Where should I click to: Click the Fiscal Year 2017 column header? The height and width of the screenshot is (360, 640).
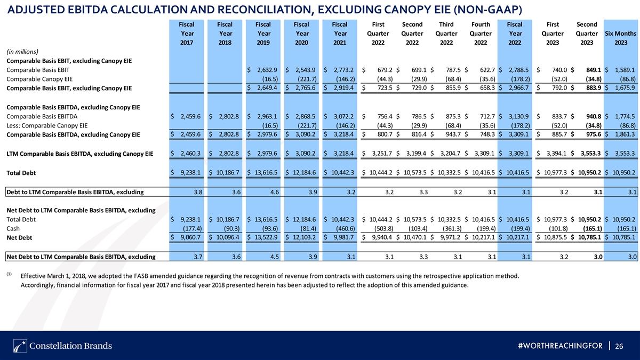[187, 34]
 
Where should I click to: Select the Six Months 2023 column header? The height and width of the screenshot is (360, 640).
[621, 38]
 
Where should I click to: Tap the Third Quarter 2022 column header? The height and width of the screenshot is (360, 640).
[446, 34]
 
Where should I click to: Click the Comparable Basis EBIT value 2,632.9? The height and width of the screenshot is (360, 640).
[267, 70]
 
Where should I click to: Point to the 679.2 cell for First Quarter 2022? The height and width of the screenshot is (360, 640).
[385, 70]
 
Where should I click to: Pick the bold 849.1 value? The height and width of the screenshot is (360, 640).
[594, 70]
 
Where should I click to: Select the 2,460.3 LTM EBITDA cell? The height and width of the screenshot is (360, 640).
[190, 154]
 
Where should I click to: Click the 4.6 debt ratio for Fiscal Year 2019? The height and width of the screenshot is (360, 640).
[274, 192]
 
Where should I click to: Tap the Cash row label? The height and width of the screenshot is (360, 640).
[13, 229]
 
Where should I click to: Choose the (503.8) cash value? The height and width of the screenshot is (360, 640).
[383, 229]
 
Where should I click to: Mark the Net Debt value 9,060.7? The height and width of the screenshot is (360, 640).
[190, 237]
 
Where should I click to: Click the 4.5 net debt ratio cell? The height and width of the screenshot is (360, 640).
[274, 257]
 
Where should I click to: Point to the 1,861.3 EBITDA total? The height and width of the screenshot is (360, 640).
[625, 134]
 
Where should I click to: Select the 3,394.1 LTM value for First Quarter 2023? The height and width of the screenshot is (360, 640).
[556, 154]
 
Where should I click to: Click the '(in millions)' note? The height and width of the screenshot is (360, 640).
[22, 52]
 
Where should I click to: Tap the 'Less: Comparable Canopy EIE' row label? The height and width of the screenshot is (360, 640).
[47, 125]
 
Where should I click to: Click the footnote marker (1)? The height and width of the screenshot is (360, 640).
[9, 274]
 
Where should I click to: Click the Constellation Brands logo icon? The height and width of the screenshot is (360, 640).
[20, 346]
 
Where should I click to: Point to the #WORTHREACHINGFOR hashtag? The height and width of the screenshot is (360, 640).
[560, 346]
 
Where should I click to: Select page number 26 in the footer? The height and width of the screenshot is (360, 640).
[619, 346]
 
